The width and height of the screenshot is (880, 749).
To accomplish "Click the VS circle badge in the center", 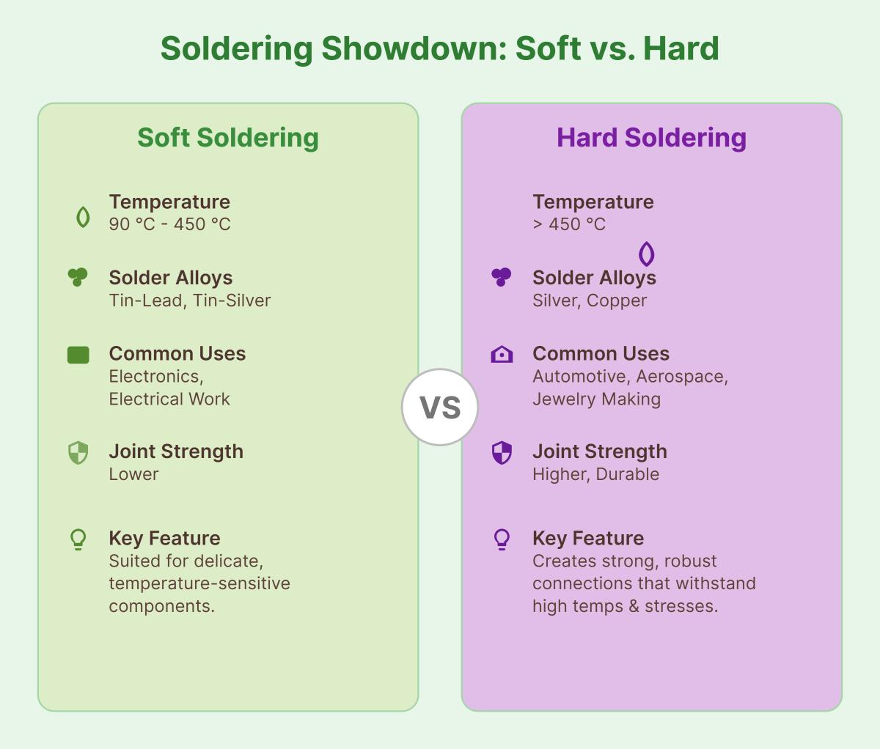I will (440, 407).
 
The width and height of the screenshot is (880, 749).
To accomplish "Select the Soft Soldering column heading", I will (228, 138).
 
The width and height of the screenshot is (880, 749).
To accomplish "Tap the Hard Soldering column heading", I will (651, 138).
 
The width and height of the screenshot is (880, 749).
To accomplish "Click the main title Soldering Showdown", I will (439, 49).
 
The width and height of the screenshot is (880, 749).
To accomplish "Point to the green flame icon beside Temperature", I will (83, 217).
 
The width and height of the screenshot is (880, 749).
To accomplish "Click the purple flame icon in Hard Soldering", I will (646, 254).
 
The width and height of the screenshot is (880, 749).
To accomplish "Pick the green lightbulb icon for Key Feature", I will (78, 539).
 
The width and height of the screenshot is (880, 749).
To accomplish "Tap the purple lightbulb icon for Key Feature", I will (502, 539).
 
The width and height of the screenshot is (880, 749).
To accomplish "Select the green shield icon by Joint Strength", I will (78, 453).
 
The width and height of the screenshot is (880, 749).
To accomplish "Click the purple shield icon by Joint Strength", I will (502, 453).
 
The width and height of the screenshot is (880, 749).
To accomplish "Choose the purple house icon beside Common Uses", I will (502, 355).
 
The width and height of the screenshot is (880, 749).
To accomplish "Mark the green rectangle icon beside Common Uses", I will (78, 355).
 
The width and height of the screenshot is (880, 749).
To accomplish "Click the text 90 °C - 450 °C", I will (169, 224).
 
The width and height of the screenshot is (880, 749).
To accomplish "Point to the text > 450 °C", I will (569, 224).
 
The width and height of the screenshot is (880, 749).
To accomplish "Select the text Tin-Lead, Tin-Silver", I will (190, 300).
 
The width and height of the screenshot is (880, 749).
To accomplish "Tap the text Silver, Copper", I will (590, 300).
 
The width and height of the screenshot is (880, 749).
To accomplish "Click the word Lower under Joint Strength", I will (133, 474).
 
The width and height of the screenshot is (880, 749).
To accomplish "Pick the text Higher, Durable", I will (595, 474).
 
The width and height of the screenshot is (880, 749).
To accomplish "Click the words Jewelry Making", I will (596, 399).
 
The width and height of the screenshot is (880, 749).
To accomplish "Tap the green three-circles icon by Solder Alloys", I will (78, 277).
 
